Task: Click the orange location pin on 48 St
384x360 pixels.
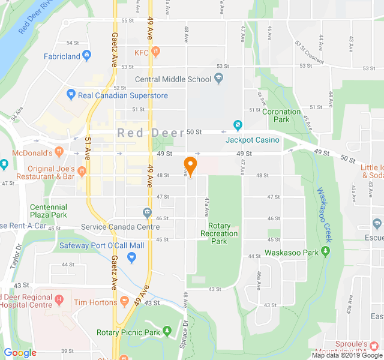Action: click(x=190, y=166)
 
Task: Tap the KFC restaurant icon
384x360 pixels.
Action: click(x=155, y=52)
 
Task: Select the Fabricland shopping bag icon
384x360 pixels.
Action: click(x=87, y=56)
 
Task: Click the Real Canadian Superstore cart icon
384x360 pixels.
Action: click(x=71, y=95)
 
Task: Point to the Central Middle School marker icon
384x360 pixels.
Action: click(x=219, y=78)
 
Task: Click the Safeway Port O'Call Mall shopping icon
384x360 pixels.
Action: click(x=132, y=257)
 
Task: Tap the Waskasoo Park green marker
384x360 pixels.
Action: click(x=326, y=252)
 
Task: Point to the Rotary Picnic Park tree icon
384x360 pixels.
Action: click(x=167, y=332)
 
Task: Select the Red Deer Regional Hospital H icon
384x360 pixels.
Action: click(x=58, y=299)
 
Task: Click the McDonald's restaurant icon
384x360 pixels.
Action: click(x=59, y=152)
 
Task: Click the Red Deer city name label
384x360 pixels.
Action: click(x=151, y=133)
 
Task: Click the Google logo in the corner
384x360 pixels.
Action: click(x=20, y=353)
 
